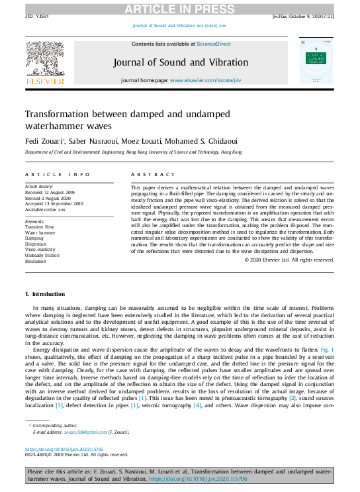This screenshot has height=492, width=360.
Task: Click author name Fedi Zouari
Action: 41,141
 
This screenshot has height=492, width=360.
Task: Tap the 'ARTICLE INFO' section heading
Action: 58,174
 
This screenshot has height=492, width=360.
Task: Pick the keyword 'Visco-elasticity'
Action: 43,250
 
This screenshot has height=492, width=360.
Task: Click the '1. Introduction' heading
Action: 45,293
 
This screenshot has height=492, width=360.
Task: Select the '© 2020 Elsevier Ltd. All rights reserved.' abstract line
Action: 289,260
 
